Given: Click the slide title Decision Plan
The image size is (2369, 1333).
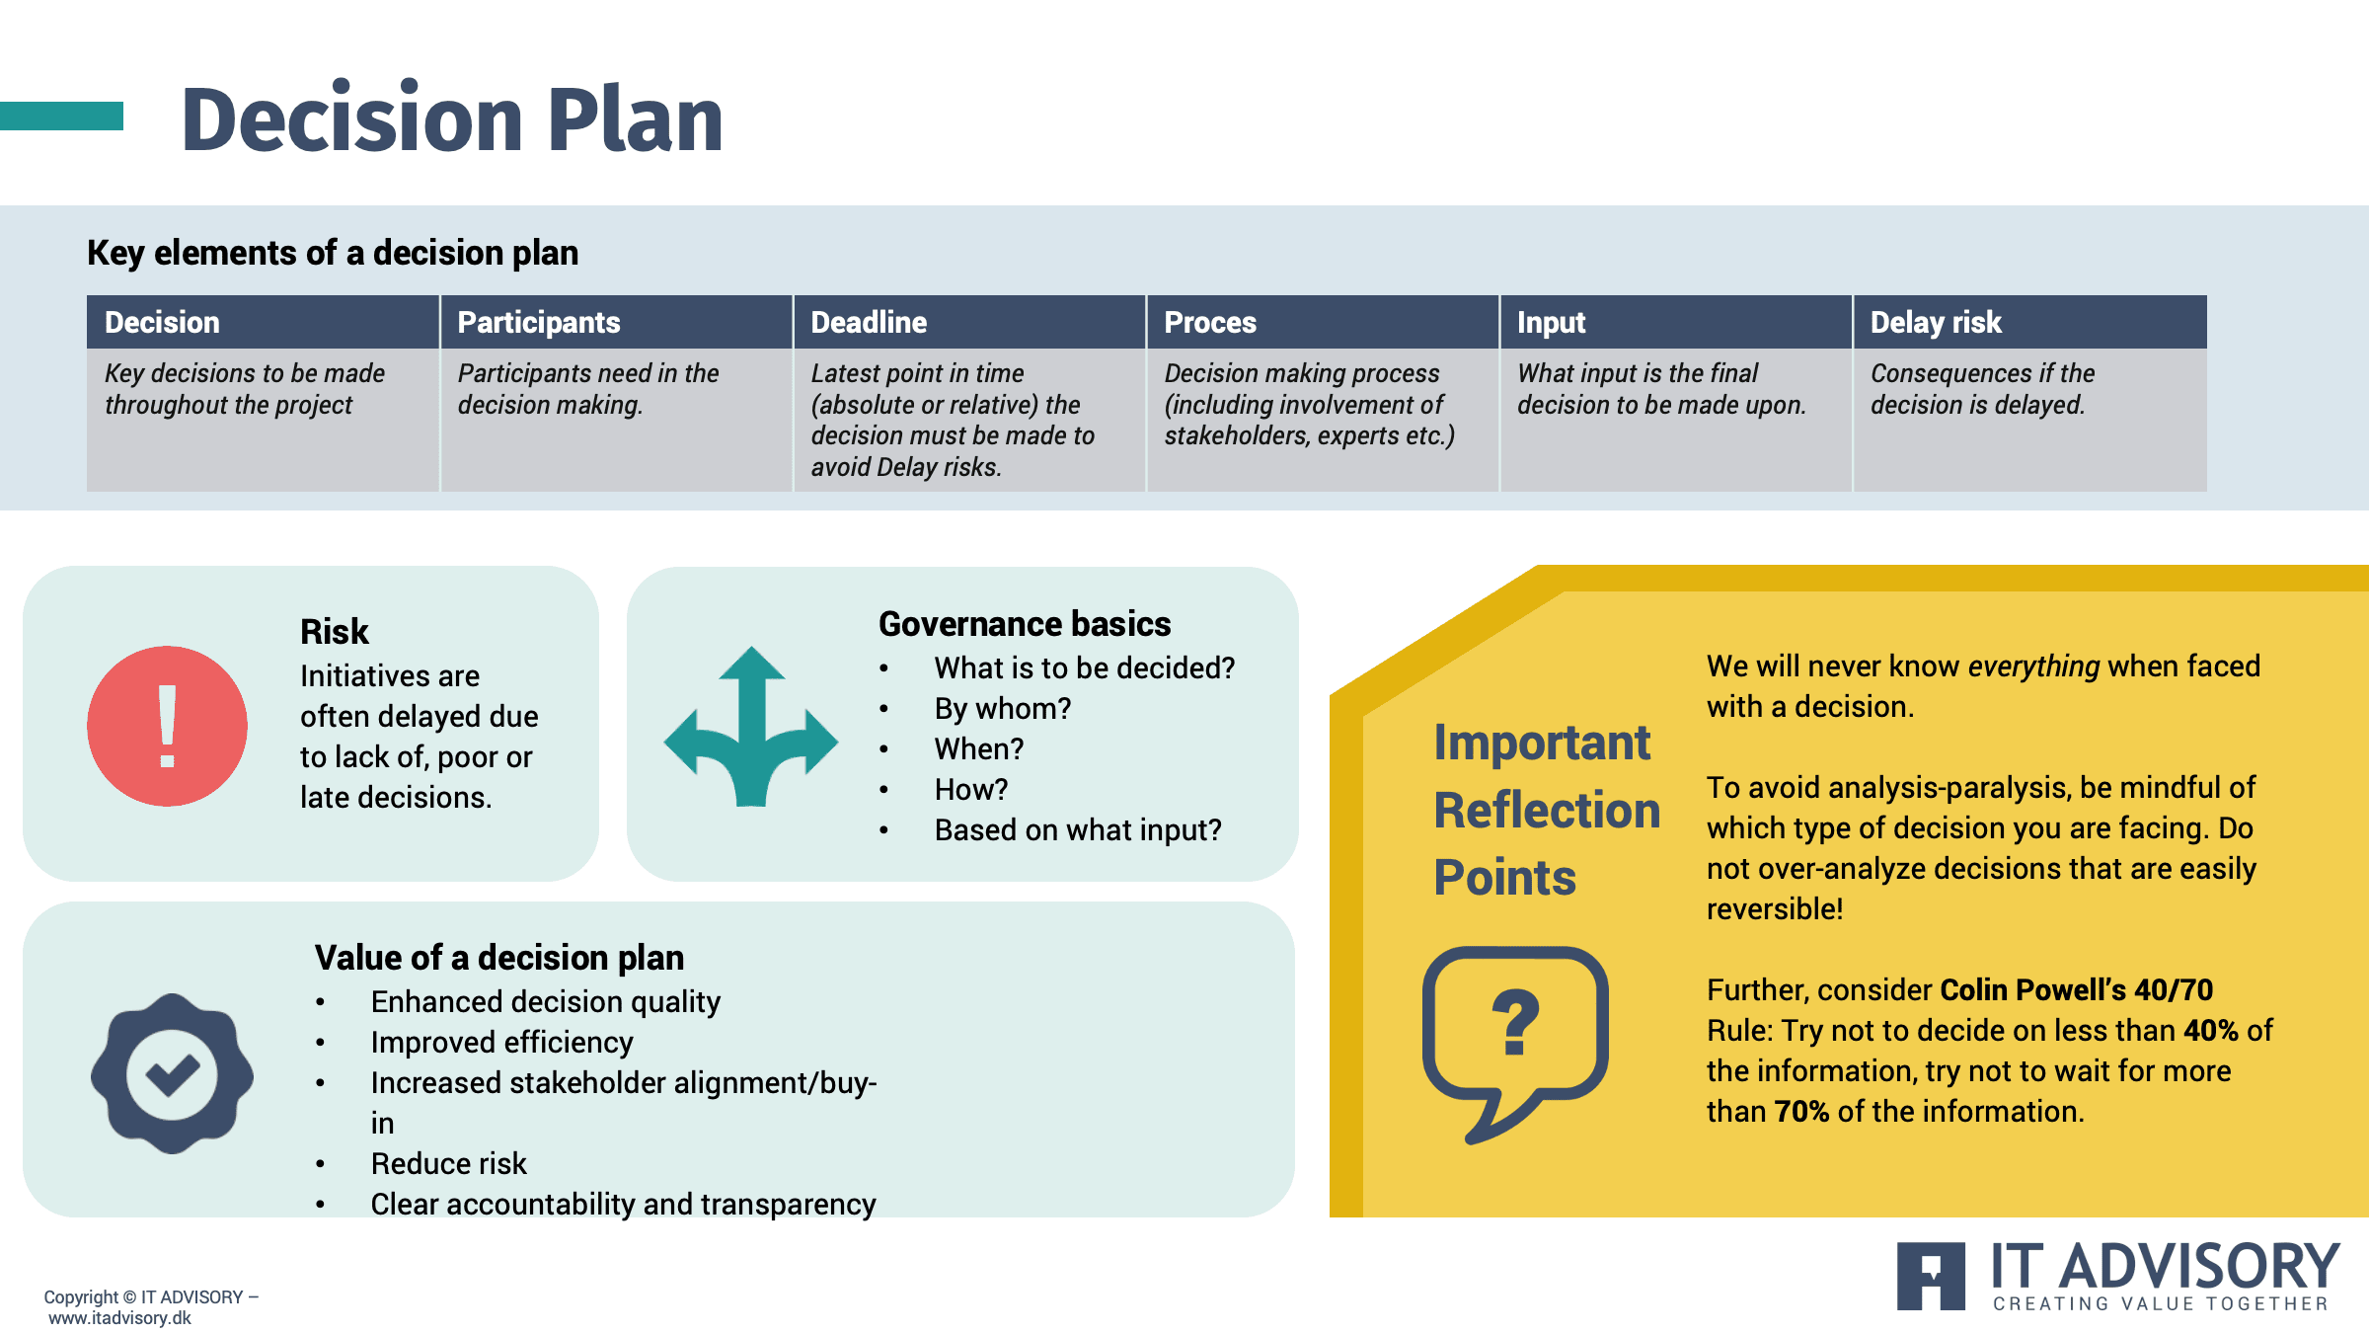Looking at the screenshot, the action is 452,119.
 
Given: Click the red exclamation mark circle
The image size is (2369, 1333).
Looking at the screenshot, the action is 167,726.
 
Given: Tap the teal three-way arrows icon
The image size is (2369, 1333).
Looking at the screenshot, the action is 751,727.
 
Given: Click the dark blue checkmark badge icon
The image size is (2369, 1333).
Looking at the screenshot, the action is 172,1073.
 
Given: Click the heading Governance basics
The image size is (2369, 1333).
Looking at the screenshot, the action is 1025,624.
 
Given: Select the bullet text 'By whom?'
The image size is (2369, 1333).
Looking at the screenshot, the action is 1003,708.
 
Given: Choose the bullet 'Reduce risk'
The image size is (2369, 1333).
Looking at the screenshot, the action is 449,1163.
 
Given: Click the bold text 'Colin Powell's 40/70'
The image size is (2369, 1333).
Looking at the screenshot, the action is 2077,989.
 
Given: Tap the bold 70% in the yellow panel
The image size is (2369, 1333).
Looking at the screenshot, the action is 1801,1111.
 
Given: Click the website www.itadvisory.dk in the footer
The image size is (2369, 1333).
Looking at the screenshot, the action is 119,1317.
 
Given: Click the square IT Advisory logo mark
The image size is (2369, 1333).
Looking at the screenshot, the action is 1931,1276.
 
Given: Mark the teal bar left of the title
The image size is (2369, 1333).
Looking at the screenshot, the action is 61,116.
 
